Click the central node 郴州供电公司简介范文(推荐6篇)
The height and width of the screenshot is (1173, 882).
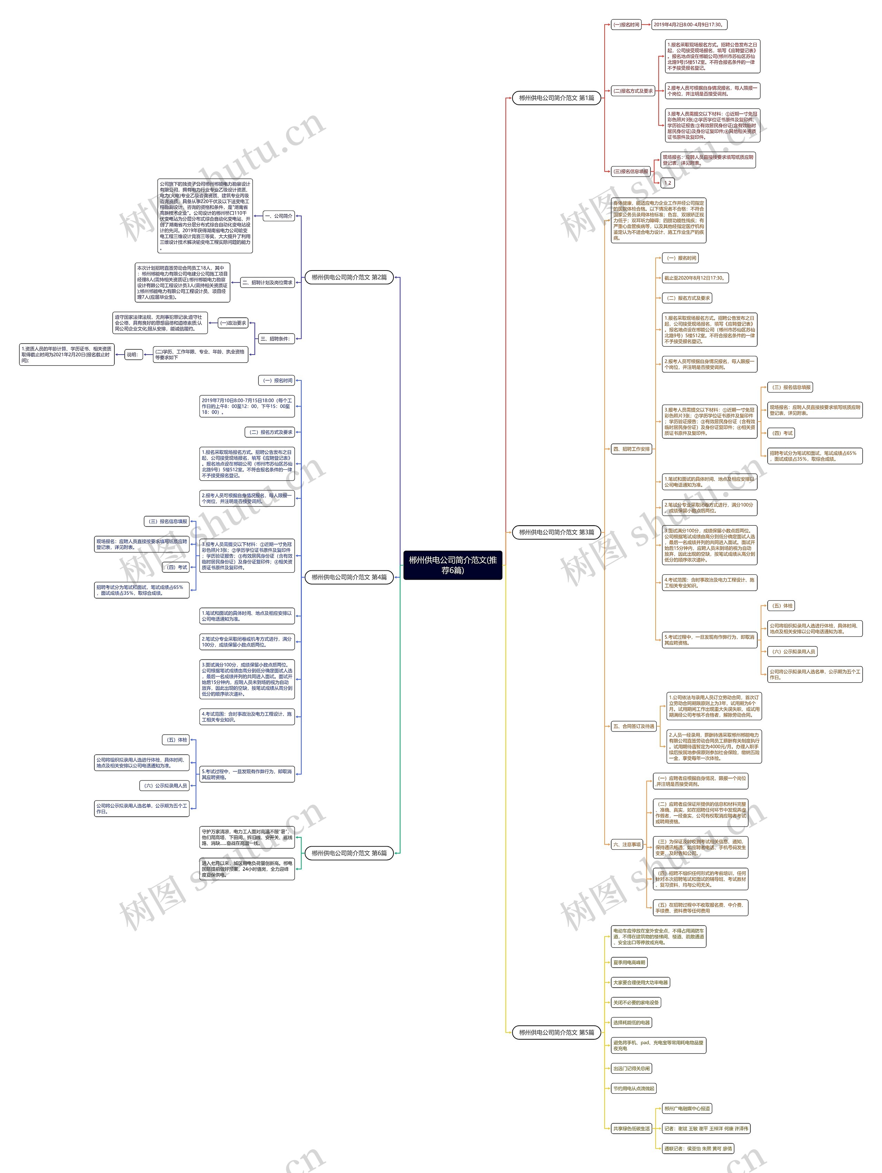[453, 565]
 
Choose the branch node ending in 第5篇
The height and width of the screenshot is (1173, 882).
[556, 1032]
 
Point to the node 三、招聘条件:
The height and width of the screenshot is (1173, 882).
[275, 339]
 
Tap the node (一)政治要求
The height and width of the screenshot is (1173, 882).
[233, 323]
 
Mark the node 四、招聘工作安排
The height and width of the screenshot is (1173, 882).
[631, 449]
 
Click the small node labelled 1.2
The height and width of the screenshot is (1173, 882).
[667, 183]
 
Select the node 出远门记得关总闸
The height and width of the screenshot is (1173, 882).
[631, 1069]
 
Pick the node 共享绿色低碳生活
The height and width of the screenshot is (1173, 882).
[631, 1129]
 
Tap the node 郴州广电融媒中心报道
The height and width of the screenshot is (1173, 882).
[687, 1108]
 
